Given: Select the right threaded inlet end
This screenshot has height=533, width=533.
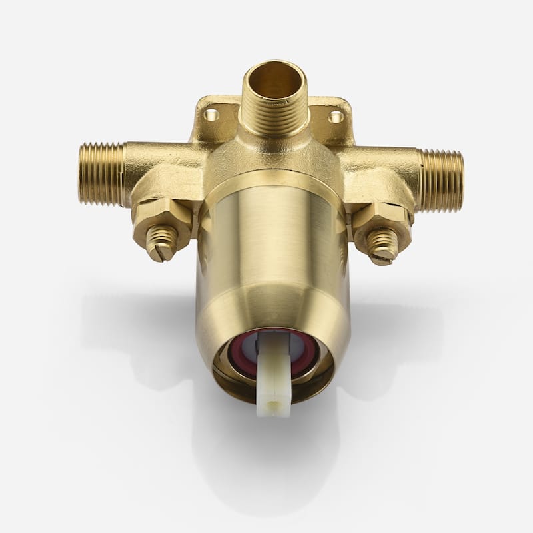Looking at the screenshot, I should pos(440,181).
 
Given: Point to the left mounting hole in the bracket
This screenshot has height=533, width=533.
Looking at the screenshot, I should pos(211,115).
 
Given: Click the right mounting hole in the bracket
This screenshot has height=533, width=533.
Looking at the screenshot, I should pos(336,117).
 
